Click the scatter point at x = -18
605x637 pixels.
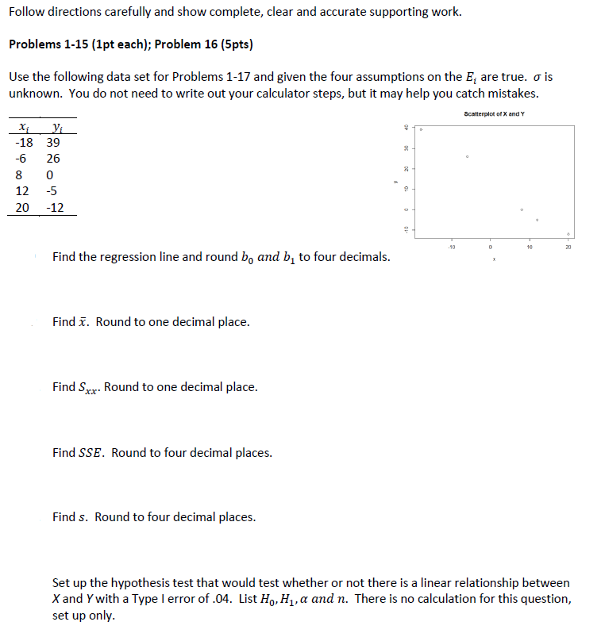[422, 129]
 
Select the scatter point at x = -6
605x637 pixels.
[468, 156]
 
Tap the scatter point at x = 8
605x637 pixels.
[522, 209]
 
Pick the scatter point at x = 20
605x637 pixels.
[568, 234]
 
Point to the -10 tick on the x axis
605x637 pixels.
[451, 247]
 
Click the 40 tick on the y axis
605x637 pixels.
[405, 128]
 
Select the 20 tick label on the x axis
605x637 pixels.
[568, 247]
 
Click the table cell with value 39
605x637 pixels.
[53, 142]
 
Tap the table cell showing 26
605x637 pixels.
[53, 159]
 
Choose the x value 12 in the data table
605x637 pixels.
[22, 191]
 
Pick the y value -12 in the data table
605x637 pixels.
[56, 208]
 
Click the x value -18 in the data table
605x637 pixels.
[24, 142]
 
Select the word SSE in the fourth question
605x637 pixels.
[92, 453]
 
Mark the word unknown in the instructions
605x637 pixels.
[31, 93]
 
